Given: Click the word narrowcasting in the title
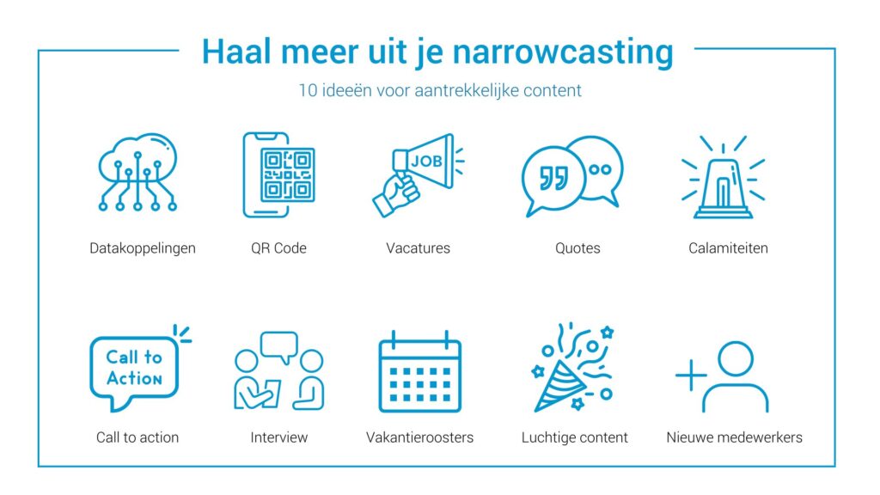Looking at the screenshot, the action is click(x=562, y=52).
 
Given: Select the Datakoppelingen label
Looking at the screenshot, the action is click(x=143, y=248).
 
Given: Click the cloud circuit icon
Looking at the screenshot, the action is click(x=137, y=172).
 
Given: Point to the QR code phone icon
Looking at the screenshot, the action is click(x=278, y=174).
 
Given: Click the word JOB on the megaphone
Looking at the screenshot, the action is click(x=426, y=161).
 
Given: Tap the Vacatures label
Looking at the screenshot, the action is click(x=419, y=248).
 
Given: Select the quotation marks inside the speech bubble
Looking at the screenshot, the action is click(x=553, y=179).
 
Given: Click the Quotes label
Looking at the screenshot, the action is click(x=577, y=248).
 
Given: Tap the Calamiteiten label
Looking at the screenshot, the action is click(x=728, y=248).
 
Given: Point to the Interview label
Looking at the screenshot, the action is click(x=279, y=437).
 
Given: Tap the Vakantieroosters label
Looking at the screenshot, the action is click(x=419, y=437).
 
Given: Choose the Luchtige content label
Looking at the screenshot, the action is click(x=575, y=437).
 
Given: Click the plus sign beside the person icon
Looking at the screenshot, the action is click(x=691, y=375).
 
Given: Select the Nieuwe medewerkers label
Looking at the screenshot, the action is click(x=734, y=437).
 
